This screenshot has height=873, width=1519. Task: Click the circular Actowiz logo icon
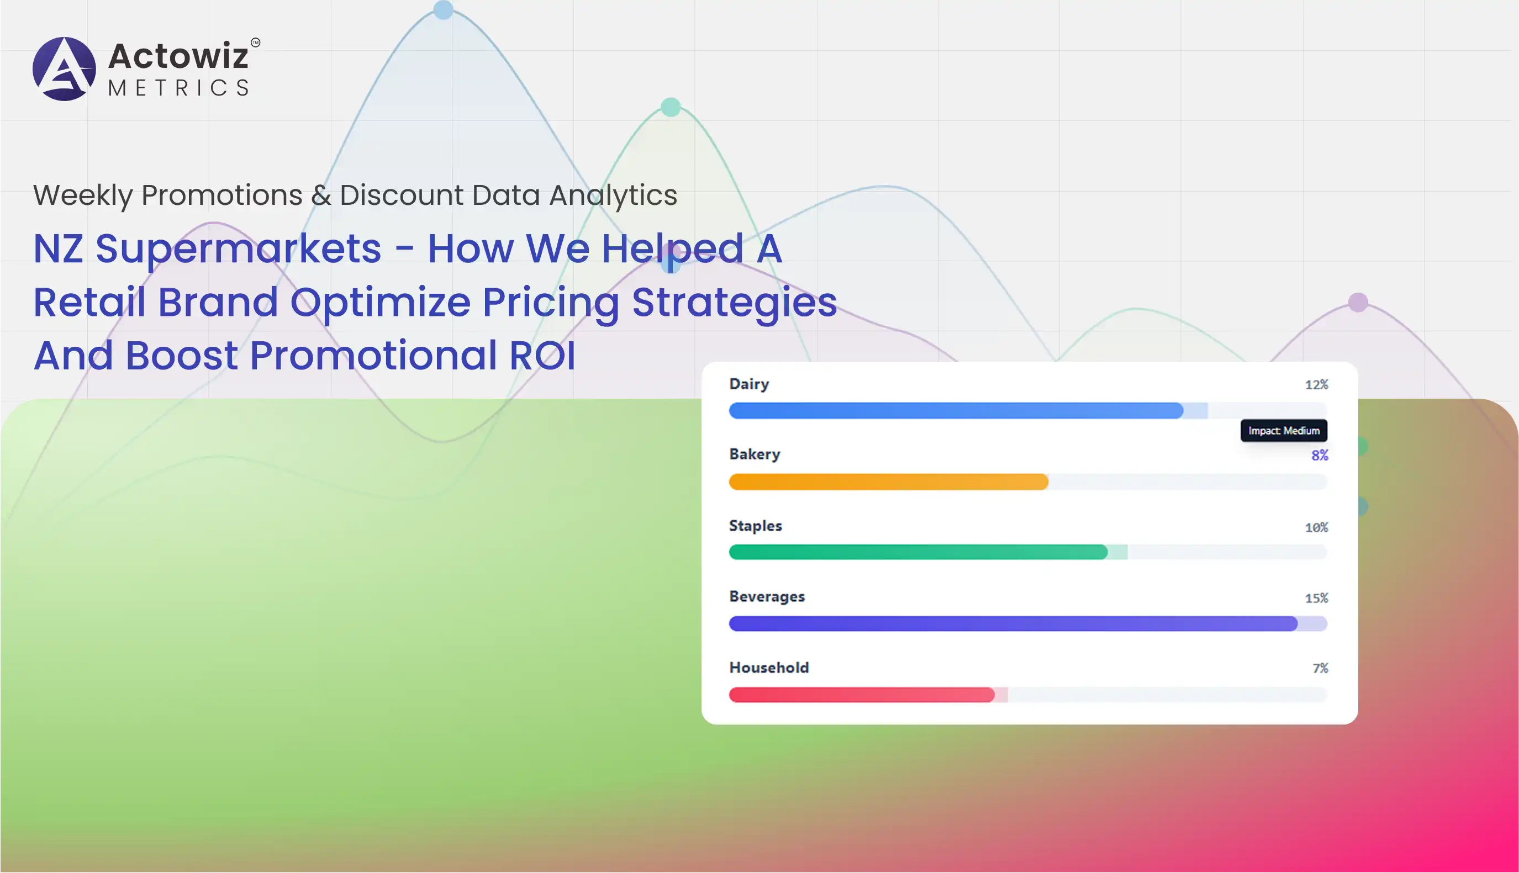pyautogui.click(x=64, y=69)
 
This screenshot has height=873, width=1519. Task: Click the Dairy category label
pyautogui.click(x=749, y=384)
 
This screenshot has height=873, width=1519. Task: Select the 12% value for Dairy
pyautogui.click(x=1316, y=384)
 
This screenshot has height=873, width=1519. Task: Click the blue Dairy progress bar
pyautogui.click(x=956, y=411)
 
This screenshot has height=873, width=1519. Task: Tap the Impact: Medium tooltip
pyautogui.click(x=1283, y=431)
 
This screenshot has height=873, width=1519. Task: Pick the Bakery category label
pyautogui.click(x=755, y=454)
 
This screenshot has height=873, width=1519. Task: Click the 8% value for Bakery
pyautogui.click(x=1319, y=455)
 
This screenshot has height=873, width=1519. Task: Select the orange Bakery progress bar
pyautogui.click(x=888, y=482)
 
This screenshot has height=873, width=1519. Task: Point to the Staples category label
pyautogui.click(x=755, y=526)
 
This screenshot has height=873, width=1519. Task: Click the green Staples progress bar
pyautogui.click(x=917, y=552)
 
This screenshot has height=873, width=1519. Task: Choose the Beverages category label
pyautogui.click(x=766, y=596)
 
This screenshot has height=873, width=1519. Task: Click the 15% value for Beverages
pyautogui.click(x=1316, y=598)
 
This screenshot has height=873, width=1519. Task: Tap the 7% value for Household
pyautogui.click(x=1320, y=668)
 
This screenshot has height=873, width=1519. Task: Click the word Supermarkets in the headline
pyautogui.click(x=238, y=248)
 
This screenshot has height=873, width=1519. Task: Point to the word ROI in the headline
pyautogui.click(x=542, y=355)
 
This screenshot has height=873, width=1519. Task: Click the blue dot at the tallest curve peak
pyautogui.click(x=443, y=9)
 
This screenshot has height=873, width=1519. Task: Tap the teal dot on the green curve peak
pyautogui.click(x=671, y=107)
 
